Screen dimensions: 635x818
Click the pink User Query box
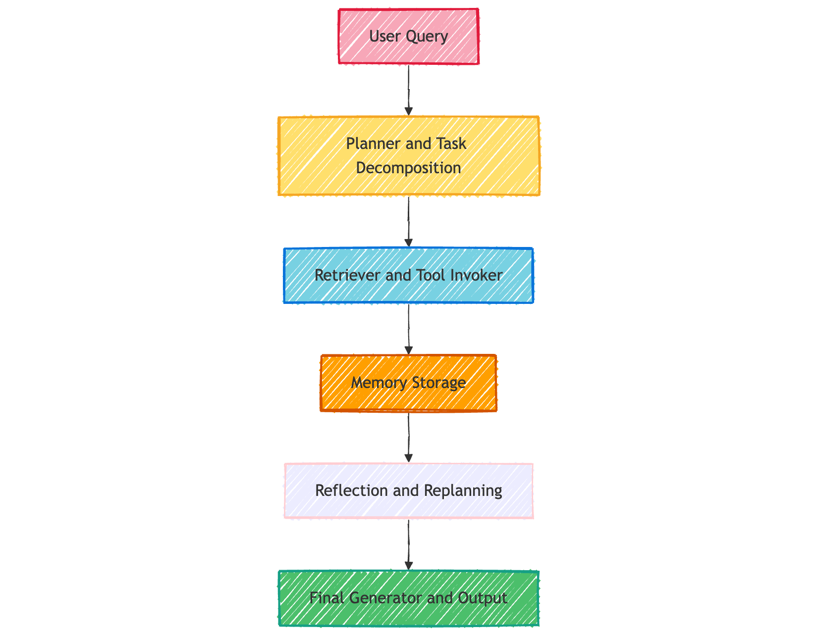click(408, 36)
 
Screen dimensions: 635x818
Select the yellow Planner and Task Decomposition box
click(408, 156)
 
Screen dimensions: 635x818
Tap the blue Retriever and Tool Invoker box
click(408, 275)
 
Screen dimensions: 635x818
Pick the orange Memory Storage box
click(408, 383)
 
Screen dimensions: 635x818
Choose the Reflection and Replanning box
click(408, 490)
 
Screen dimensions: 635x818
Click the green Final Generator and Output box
click(408, 598)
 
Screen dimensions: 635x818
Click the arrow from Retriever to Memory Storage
click(408, 329)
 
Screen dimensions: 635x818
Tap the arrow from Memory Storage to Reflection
click(408, 437)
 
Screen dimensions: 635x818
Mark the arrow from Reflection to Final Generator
click(408, 544)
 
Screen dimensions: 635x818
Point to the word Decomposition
click(408, 168)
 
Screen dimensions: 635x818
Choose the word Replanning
click(463, 490)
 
